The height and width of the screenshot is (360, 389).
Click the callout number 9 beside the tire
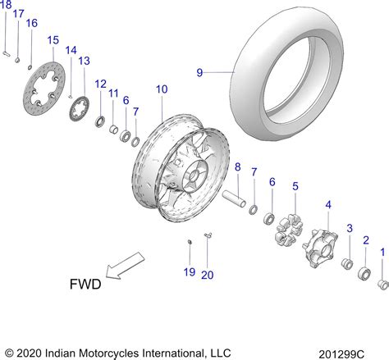[199, 72]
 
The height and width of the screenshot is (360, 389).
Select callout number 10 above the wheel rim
[161, 89]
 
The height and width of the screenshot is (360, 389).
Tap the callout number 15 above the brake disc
[53, 40]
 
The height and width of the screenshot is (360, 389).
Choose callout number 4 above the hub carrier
[328, 204]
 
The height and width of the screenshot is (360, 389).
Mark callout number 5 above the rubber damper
[295, 187]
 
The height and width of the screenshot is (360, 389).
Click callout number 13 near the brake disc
[84, 61]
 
